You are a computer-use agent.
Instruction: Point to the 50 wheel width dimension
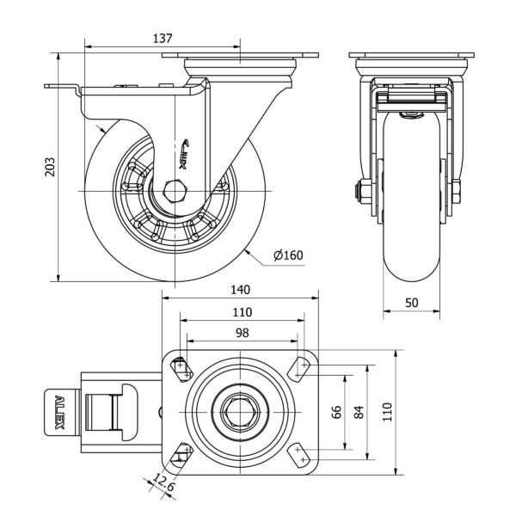(x=411, y=302)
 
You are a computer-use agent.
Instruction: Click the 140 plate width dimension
(x=241, y=291)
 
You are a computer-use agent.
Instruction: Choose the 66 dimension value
(x=337, y=411)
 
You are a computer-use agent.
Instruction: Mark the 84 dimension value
(x=360, y=411)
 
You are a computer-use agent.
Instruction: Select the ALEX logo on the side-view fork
(x=192, y=151)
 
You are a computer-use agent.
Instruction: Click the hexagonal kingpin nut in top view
(x=240, y=412)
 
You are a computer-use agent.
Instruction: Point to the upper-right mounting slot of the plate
(x=299, y=368)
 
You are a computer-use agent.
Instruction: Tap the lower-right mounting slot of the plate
(x=299, y=455)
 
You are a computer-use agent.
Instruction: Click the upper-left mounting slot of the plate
(x=181, y=368)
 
